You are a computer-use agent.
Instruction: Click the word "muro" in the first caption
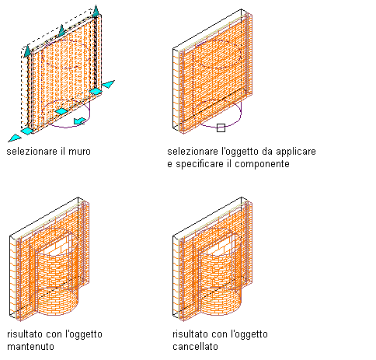click(x=79, y=152)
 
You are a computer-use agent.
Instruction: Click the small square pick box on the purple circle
click(x=221, y=128)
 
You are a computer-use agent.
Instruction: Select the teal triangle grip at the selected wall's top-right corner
click(x=96, y=11)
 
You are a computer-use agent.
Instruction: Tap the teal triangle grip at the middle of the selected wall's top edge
click(x=61, y=30)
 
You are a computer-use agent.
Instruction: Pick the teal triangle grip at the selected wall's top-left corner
click(x=27, y=51)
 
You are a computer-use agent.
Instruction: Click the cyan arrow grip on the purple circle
click(x=80, y=121)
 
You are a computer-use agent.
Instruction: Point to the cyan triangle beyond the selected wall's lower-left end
click(x=15, y=138)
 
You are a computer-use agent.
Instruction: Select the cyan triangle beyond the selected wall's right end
click(x=108, y=84)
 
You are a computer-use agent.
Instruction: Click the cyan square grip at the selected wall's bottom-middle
click(x=61, y=111)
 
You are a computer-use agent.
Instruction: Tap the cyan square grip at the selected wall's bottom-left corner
click(x=27, y=131)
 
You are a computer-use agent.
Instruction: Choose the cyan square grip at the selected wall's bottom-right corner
click(x=96, y=91)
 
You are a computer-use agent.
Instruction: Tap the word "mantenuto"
click(x=30, y=347)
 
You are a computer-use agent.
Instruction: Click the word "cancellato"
click(x=195, y=347)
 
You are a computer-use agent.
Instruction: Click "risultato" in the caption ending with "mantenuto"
click(x=25, y=334)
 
